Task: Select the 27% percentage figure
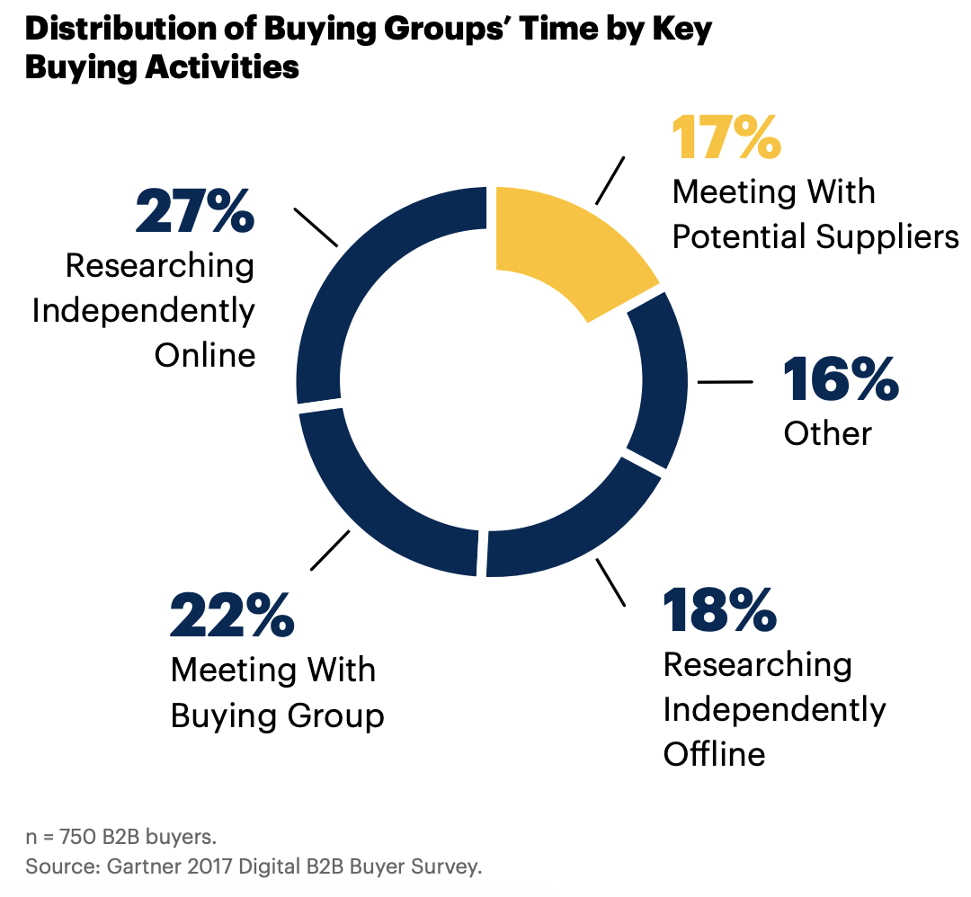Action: pyautogui.click(x=194, y=211)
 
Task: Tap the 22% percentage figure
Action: pyautogui.click(x=232, y=616)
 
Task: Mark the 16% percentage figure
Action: pyautogui.click(x=841, y=379)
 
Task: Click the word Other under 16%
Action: pyautogui.click(x=827, y=434)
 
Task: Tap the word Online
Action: pyautogui.click(x=205, y=355)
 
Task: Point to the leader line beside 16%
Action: pyautogui.click(x=726, y=382)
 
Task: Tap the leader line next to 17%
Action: pyautogui.click(x=609, y=181)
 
